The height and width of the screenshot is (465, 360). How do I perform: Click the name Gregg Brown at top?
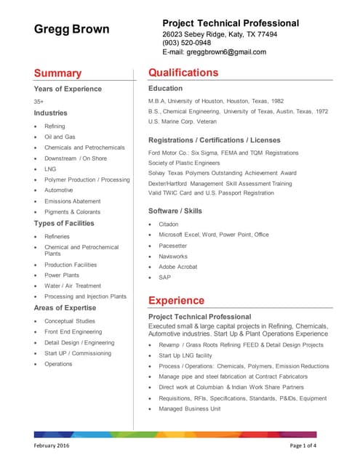(72, 30)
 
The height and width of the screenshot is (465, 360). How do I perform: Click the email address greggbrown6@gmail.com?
(214, 52)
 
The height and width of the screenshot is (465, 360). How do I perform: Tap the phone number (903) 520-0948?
(188, 43)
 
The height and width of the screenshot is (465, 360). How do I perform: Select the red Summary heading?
(57, 73)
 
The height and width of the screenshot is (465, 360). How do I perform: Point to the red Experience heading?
(176, 300)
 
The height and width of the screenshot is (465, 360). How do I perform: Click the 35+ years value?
(39, 101)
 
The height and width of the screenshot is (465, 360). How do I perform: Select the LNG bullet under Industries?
(50, 169)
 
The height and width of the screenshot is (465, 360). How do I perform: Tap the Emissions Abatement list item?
(72, 201)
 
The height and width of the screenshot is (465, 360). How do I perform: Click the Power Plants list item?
(61, 275)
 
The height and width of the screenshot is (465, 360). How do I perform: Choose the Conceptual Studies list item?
(69, 320)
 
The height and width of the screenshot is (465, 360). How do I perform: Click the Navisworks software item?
(175, 256)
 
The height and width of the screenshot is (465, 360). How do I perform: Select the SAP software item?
(164, 277)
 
